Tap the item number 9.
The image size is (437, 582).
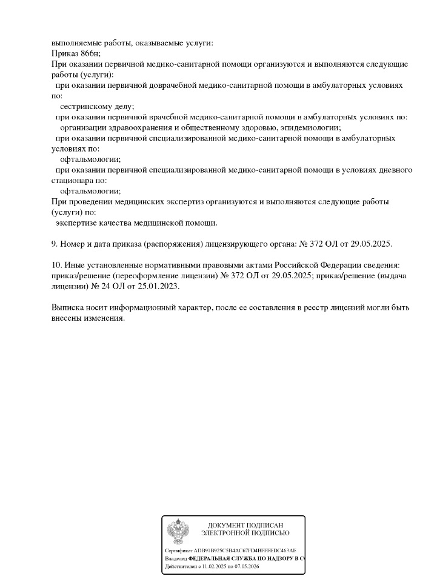[x=54, y=244]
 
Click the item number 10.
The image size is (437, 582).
[x=56, y=265]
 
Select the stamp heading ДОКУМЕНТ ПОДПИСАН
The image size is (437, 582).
[x=245, y=525]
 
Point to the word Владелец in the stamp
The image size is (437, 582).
[x=176, y=558]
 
